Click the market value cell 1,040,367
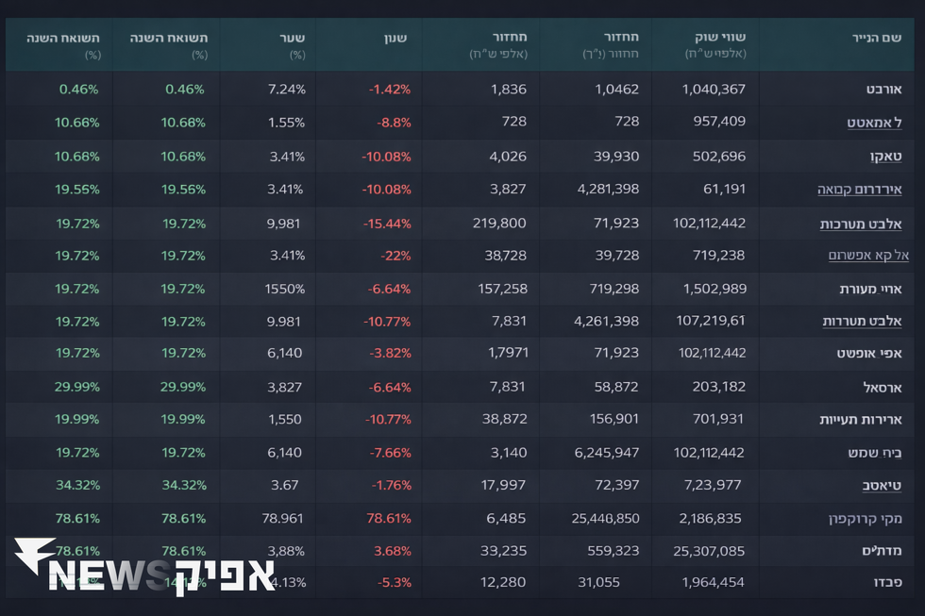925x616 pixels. click(713, 90)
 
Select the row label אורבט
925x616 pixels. click(883, 90)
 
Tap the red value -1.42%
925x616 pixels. click(390, 90)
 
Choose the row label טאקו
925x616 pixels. click(885, 157)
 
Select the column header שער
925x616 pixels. click(293, 38)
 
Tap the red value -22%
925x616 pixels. click(395, 256)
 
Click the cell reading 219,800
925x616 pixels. click(499, 223)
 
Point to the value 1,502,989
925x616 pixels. click(713, 289)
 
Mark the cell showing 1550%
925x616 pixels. click(284, 289)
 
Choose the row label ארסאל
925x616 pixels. click(882, 388)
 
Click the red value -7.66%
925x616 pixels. click(390, 453)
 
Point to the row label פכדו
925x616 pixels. click(883, 583)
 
